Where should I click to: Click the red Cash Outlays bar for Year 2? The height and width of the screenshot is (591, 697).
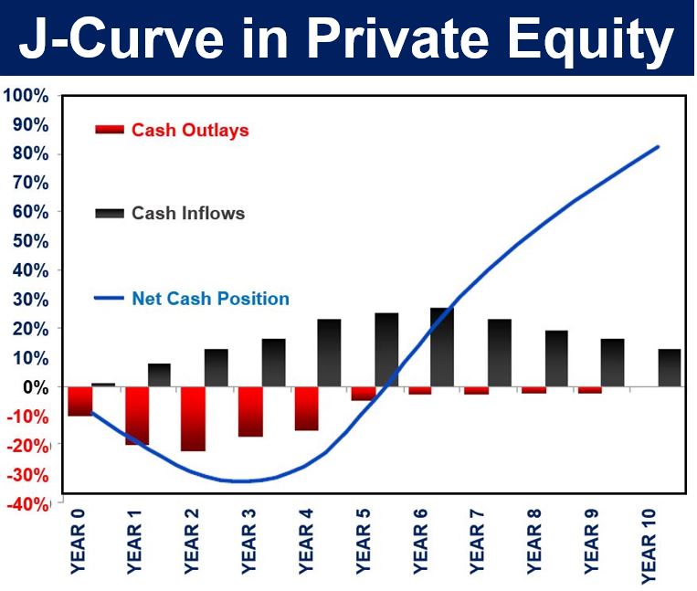(x=194, y=419)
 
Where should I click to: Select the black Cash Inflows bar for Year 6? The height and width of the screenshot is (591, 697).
(x=442, y=347)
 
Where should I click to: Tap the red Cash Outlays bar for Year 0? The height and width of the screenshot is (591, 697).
(x=80, y=402)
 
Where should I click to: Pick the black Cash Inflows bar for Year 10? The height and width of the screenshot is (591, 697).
(x=670, y=368)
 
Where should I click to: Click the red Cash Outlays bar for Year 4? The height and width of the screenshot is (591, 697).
(x=307, y=409)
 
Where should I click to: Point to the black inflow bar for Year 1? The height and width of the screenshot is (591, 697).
(x=159, y=375)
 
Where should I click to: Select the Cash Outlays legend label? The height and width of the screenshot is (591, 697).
(x=190, y=131)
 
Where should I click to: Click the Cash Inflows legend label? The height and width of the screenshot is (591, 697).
(x=188, y=214)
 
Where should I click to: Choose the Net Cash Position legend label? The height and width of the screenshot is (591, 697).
(x=211, y=298)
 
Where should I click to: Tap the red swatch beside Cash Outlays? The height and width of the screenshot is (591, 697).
(x=110, y=130)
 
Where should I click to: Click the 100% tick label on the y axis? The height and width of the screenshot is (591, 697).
(x=26, y=96)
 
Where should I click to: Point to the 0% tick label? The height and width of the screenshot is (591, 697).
(x=36, y=387)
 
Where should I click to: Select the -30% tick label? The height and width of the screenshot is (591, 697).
(x=27, y=475)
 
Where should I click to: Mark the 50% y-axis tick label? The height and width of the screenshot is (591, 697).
(x=30, y=241)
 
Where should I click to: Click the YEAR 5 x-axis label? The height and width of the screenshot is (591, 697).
(x=364, y=542)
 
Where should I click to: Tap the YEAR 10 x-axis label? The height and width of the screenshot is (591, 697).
(x=649, y=546)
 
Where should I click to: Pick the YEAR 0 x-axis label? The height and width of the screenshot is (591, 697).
(x=78, y=542)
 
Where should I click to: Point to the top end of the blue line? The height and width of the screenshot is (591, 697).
(x=658, y=147)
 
